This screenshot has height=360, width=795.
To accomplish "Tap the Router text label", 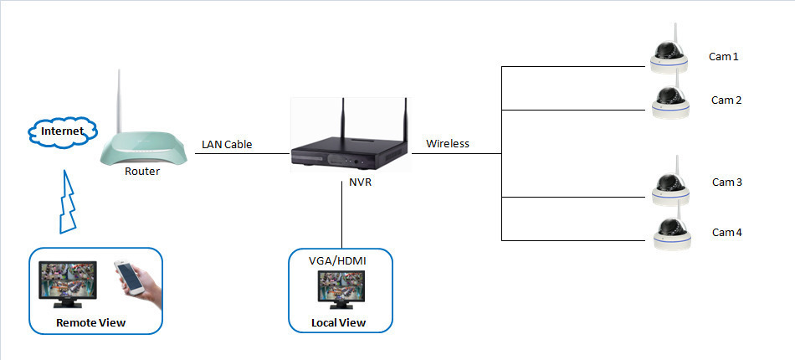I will (x=142, y=172).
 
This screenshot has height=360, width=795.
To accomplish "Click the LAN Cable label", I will (x=227, y=145).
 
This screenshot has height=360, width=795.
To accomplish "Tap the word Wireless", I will (x=448, y=144).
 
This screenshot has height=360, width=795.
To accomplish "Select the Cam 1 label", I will (x=725, y=57).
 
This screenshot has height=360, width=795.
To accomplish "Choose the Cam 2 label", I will (x=726, y=100).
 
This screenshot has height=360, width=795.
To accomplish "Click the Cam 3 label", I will (x=726, y=182).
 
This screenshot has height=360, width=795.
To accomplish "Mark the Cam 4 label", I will (x=726, y=232).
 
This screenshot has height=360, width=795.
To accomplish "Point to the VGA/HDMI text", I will (x=337, y=261).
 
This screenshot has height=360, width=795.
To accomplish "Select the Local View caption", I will (x=338, y=322).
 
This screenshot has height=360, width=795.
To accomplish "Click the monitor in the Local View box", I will (x=339, y=291).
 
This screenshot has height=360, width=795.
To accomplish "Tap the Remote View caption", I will (x=90, y=322).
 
